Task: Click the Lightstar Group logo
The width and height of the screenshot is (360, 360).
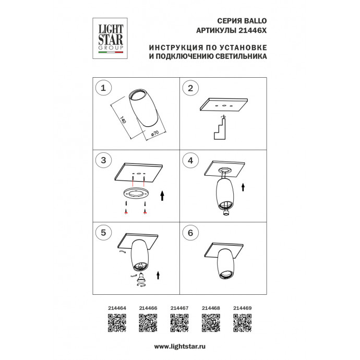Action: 110,38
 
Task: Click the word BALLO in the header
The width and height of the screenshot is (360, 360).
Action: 255,21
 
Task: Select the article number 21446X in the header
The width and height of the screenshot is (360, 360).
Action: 253,31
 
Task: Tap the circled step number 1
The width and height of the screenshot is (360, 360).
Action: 103,88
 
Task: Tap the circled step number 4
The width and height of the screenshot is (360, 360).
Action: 190,160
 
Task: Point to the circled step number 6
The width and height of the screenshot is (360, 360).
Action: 190,233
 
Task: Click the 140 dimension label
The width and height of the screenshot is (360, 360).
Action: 123,120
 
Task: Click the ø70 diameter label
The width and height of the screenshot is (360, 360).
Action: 155,134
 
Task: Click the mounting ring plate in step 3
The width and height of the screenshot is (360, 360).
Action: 136,194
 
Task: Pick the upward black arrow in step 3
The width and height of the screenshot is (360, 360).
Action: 162,195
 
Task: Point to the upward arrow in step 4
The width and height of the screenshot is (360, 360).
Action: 243,187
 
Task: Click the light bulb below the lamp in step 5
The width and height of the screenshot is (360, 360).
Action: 140,279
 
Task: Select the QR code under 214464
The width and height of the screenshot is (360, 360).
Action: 117,323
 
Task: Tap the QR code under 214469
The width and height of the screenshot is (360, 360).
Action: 243,323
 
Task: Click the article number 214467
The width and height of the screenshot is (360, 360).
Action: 179,308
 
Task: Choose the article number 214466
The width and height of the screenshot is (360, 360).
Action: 148,308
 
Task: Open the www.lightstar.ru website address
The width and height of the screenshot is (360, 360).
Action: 180,346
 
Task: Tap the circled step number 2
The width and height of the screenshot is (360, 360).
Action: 190,88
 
